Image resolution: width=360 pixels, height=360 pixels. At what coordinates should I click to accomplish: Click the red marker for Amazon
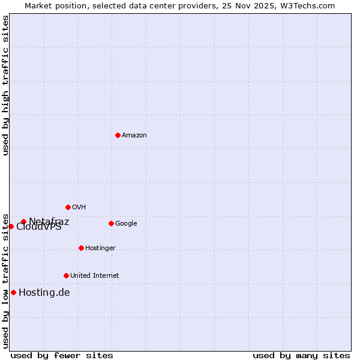tap(118, 135)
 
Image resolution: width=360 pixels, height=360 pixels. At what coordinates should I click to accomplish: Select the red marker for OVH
tap(68, 207)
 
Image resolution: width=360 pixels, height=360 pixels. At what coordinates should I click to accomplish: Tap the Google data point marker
tap(111, 223)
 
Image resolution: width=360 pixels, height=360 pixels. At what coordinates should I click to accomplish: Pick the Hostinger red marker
tap(81, 248)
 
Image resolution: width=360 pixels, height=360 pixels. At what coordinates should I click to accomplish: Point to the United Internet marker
tap(66, 275)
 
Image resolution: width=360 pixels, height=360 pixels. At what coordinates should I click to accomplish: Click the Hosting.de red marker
tap(13, 292)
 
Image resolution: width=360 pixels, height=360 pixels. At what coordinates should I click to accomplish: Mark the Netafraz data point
tap(23, 221)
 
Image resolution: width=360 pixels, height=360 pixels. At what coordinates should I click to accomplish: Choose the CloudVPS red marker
tap(11, 226)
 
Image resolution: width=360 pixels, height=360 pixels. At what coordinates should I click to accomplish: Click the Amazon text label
tap(134, 136)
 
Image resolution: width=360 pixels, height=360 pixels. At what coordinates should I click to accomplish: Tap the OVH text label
tap(79, 208)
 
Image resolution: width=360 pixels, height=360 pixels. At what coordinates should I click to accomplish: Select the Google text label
tap(126, 224)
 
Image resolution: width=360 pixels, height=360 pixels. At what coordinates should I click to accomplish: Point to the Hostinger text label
tap(100, 248)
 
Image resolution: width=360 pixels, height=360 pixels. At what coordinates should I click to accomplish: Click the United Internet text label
tap(95, 276)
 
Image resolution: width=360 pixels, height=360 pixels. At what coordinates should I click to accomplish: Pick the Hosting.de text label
tap(44, 293)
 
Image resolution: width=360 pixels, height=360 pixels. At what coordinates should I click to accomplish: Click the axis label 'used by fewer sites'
tap(62, 355)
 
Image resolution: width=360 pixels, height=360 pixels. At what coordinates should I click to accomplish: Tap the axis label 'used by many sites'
tap(301, 355)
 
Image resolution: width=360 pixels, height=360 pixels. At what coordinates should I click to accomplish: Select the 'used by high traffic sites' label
tap(5, 85)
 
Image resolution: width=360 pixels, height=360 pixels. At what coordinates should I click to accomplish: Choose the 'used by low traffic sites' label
tap(5, 281)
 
